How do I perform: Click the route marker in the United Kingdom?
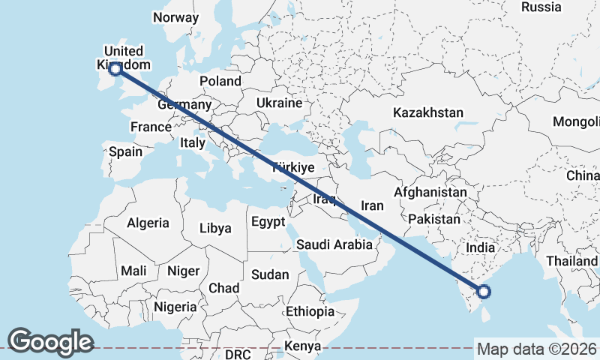click(115, 69)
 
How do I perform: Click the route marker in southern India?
click(484, 292)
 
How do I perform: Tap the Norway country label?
click(175, 17)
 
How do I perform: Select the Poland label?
click(220, 81)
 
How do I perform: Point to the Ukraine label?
click(279, 103)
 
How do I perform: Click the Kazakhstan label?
click(428, 112)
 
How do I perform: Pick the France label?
click(151, 127)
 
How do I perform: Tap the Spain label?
click(125, 151)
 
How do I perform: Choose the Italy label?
click(193, 142)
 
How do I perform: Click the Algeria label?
click(148, 223)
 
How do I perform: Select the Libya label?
click(215, 229)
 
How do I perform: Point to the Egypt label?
click(268, 222)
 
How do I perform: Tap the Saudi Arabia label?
click(334, 244)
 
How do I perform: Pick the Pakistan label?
click(434, 220)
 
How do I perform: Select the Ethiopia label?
click(310, 311)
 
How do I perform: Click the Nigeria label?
click(175, 307)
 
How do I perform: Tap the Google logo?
click(50, 342)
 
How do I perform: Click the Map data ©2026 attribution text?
click(536, 349)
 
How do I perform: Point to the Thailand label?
click(572, 260)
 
